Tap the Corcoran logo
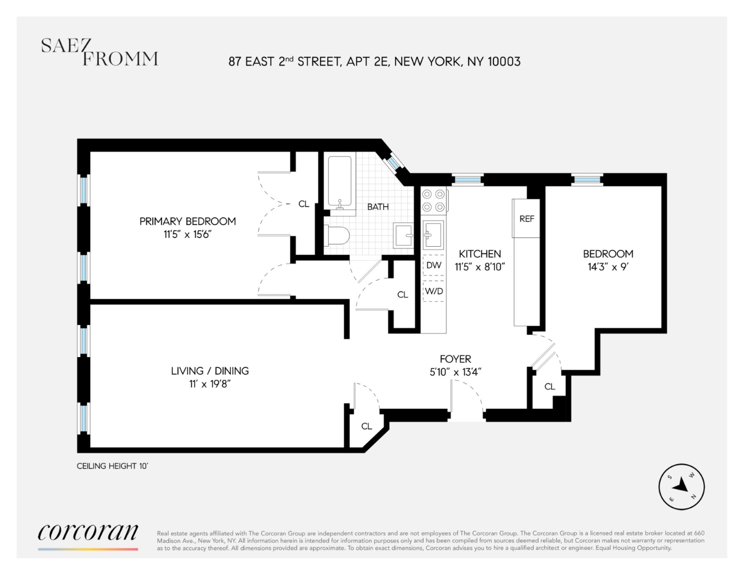coord(88,532)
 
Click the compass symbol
coord(681,487)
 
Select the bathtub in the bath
coord(340,182)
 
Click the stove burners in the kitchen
coord(434,201)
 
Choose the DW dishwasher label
coord(434,265)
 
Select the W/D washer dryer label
coord(434,291)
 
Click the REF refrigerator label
coord(526,218)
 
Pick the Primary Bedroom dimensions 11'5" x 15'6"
coord(187,234)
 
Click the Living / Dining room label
coord(210,371)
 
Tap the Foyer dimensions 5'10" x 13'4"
coord(455,372)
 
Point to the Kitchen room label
coord(480,254)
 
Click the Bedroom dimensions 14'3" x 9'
coord(608,267)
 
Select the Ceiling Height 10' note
coord(112,466)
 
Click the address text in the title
coord(374,62)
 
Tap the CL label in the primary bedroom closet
coord(304,204)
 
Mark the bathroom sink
coord(403,235)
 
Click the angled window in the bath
coord(393,163)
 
